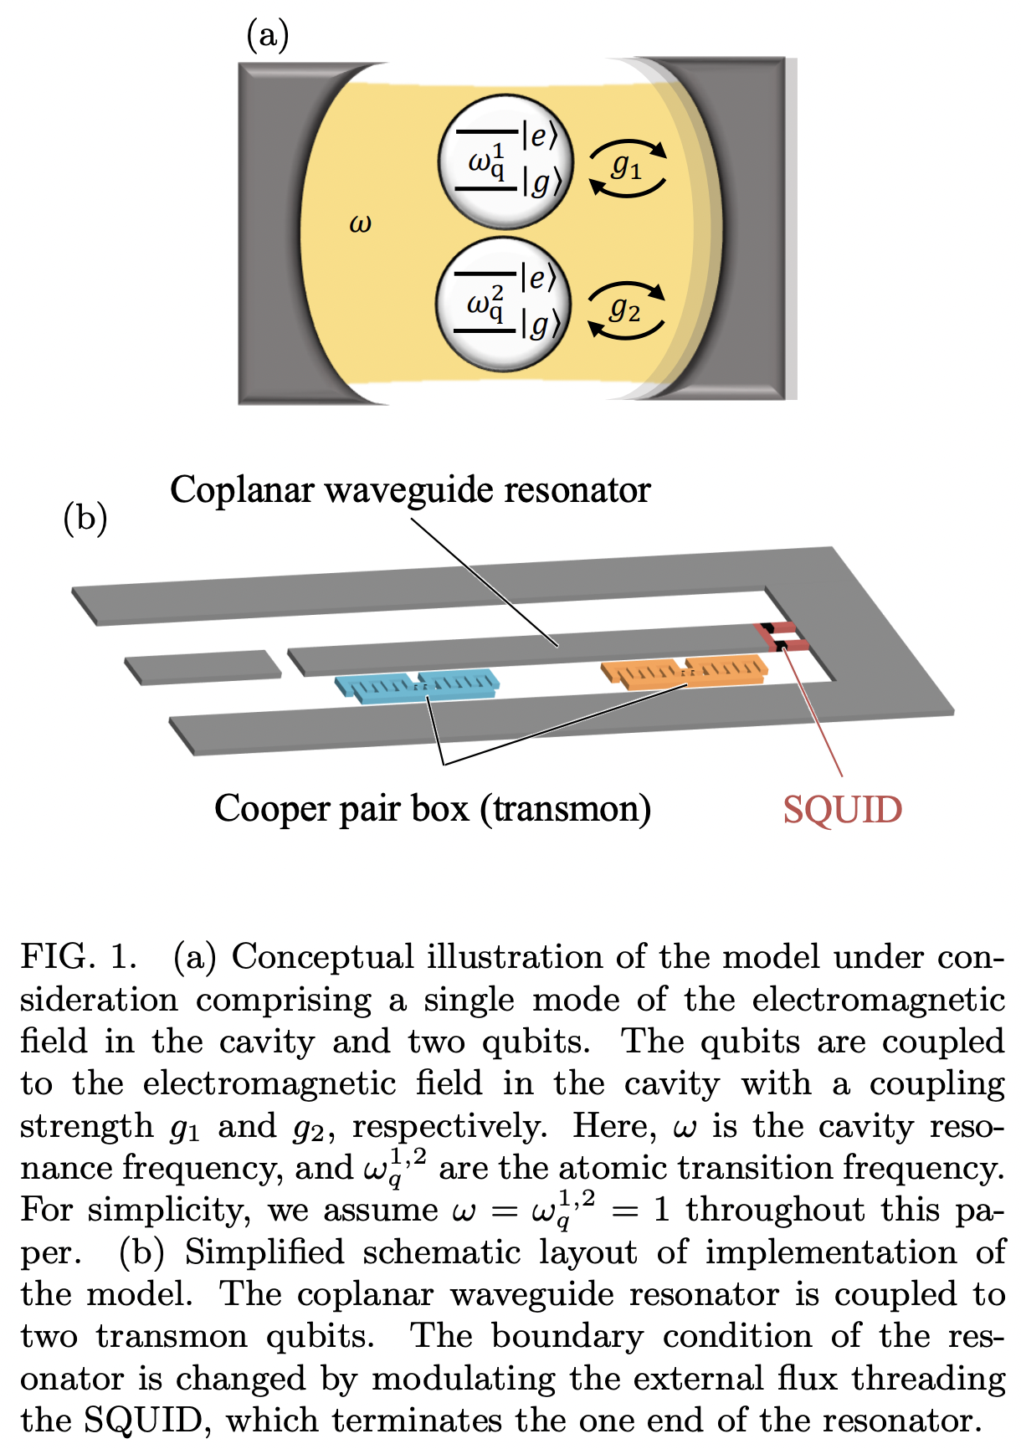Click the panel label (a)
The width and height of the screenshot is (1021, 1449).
pos(267,35)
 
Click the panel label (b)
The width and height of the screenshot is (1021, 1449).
pos(85,518)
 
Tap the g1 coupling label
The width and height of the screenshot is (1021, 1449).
pos(626,166)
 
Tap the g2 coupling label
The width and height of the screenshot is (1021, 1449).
pos(625,310)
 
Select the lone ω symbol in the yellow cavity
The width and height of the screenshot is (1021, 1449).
pos(360,223)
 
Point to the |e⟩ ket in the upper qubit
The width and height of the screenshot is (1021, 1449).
pos(539,136)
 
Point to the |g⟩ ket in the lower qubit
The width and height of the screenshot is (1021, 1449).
pos(539,325)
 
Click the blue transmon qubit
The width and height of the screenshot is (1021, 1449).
pos(418,686)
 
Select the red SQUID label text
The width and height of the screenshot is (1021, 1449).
pos(842,810)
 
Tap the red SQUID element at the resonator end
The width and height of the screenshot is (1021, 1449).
pos(782,637)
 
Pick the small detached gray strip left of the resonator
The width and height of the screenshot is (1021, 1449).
pos(203,667)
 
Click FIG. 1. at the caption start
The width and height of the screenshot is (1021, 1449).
pos(79,957)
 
